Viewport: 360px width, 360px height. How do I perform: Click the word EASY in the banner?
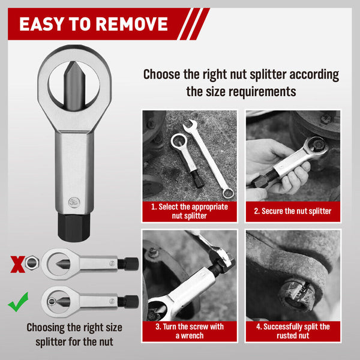[46, 23]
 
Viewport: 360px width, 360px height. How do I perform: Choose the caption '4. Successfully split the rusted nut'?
[292, 331]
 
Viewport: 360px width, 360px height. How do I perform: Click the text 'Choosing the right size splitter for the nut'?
[74, 334]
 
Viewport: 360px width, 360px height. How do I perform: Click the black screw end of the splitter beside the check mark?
[128, 301]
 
